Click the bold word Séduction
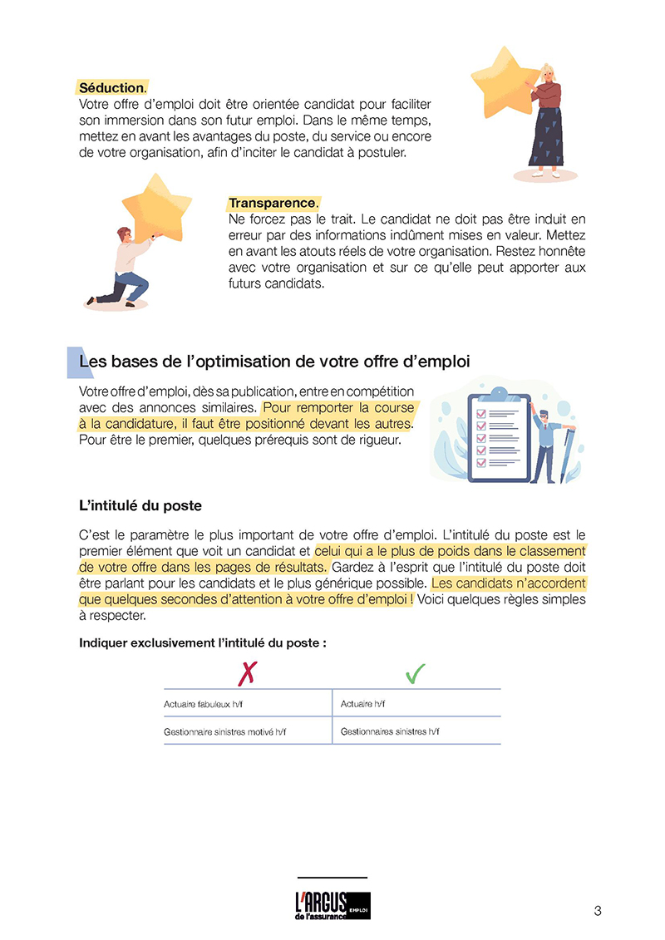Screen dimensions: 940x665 click(111, 87)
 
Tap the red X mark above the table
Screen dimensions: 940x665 click(245, 672)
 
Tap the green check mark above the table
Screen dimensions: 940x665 click(416, 672)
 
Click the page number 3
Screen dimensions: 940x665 click(598, 910)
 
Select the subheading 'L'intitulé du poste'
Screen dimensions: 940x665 click(140, 505)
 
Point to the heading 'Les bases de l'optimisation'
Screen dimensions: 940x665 click(274, 362)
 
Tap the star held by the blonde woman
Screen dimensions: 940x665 click(505, 83)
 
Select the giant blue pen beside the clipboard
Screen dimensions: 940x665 click(569, 453)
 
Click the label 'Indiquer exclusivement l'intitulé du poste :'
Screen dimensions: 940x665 click(202, 642)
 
